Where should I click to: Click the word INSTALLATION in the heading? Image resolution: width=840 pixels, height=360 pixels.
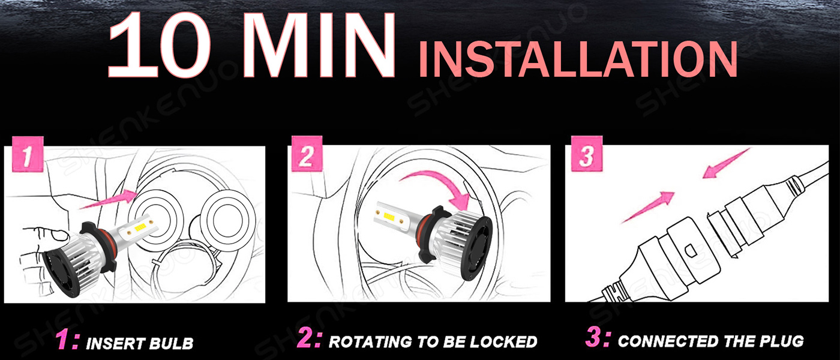click(578, 59)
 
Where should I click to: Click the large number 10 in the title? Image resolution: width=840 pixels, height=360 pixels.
click(160, 45)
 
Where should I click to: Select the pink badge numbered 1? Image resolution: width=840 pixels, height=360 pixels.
click(28, 155)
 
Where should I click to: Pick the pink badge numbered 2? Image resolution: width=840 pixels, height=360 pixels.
click(307, 154)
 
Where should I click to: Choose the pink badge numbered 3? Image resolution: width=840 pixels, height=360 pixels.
click(587, 154)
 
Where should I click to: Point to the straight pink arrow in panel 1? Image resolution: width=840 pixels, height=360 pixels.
click(109, 199)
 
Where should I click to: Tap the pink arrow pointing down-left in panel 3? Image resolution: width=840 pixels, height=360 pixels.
click(725, 163)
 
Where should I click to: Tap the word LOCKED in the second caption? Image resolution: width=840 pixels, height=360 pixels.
click(503, 341)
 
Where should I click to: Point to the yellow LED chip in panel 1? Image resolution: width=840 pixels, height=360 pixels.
click(140, 227)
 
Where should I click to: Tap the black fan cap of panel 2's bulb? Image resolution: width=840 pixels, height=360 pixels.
click(476, 248)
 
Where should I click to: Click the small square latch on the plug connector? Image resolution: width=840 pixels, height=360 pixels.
click(691, 250)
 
